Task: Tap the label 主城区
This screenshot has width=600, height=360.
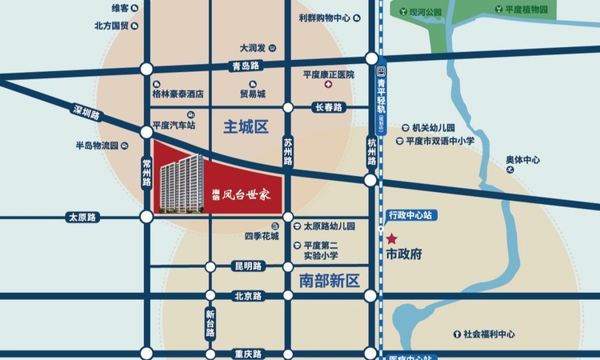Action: pos(244,126)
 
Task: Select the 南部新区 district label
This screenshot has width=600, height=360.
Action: pos(330,281)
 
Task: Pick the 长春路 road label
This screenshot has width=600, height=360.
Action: pos(328,107)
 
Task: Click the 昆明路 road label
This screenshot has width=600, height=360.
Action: pos(247,266)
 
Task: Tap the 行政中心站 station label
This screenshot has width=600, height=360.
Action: pos(410,215)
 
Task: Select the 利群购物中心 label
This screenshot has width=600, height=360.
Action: pos(323,17)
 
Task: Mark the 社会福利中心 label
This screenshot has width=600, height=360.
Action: pos(488,334)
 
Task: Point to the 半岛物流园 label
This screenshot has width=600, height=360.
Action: pos(97,146)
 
